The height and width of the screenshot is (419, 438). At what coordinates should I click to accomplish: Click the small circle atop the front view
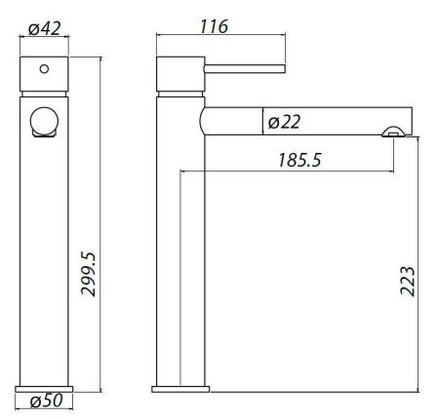click(x=43, y=70)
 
